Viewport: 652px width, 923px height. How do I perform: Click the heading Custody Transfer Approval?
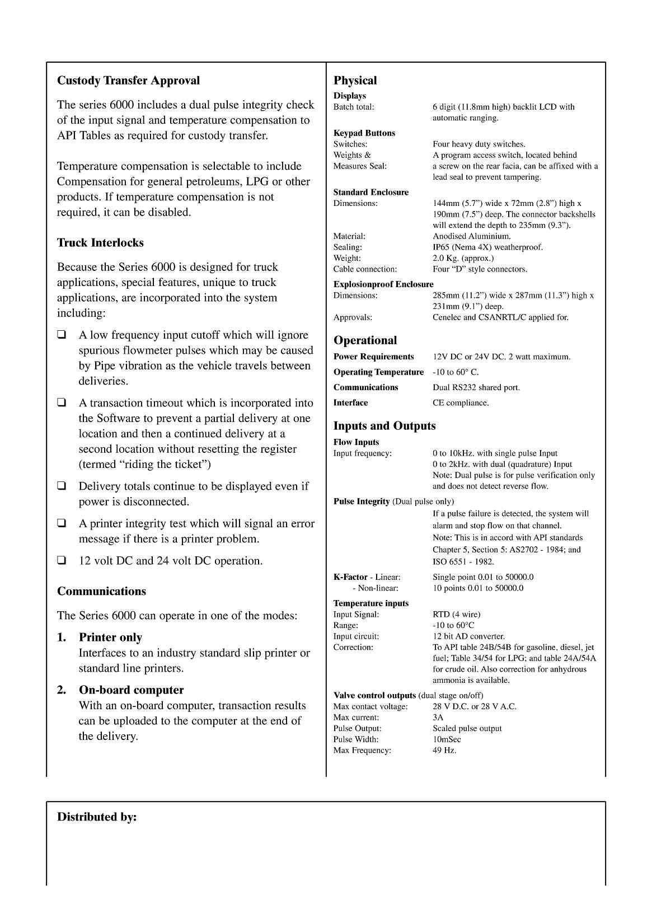pos(128,81)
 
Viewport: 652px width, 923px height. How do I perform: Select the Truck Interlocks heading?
pos(100,243)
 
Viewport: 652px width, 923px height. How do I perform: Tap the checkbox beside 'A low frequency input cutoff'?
pos(62,335)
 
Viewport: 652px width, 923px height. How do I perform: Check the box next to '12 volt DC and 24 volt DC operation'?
pos(62,561)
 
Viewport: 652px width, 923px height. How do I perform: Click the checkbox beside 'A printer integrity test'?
pos(62,524)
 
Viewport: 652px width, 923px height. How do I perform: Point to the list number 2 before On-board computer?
pos(62,690)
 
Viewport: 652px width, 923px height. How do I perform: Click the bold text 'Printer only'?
pos(110,638)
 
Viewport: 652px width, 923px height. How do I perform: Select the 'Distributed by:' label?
pos(97,817)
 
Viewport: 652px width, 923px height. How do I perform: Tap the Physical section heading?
pos(355,81)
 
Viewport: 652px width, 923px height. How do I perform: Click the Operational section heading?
pos(365,340)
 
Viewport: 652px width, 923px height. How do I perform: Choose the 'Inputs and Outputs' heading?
pos(384,426)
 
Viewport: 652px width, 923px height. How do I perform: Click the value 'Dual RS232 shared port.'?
pos(476,387)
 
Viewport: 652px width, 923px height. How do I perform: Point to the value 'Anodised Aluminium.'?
pos(471,236)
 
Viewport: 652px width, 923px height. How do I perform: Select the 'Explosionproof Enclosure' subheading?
pos(383,284)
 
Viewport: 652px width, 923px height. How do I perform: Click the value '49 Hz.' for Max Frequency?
pos(444,750)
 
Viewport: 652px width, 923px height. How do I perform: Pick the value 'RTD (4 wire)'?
pos(456,615)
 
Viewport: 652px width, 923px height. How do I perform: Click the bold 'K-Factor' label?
pos(350,577)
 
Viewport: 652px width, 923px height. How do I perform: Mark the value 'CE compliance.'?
pos(460,403)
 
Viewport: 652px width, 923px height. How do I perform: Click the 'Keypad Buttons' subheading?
pos(364,133)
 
